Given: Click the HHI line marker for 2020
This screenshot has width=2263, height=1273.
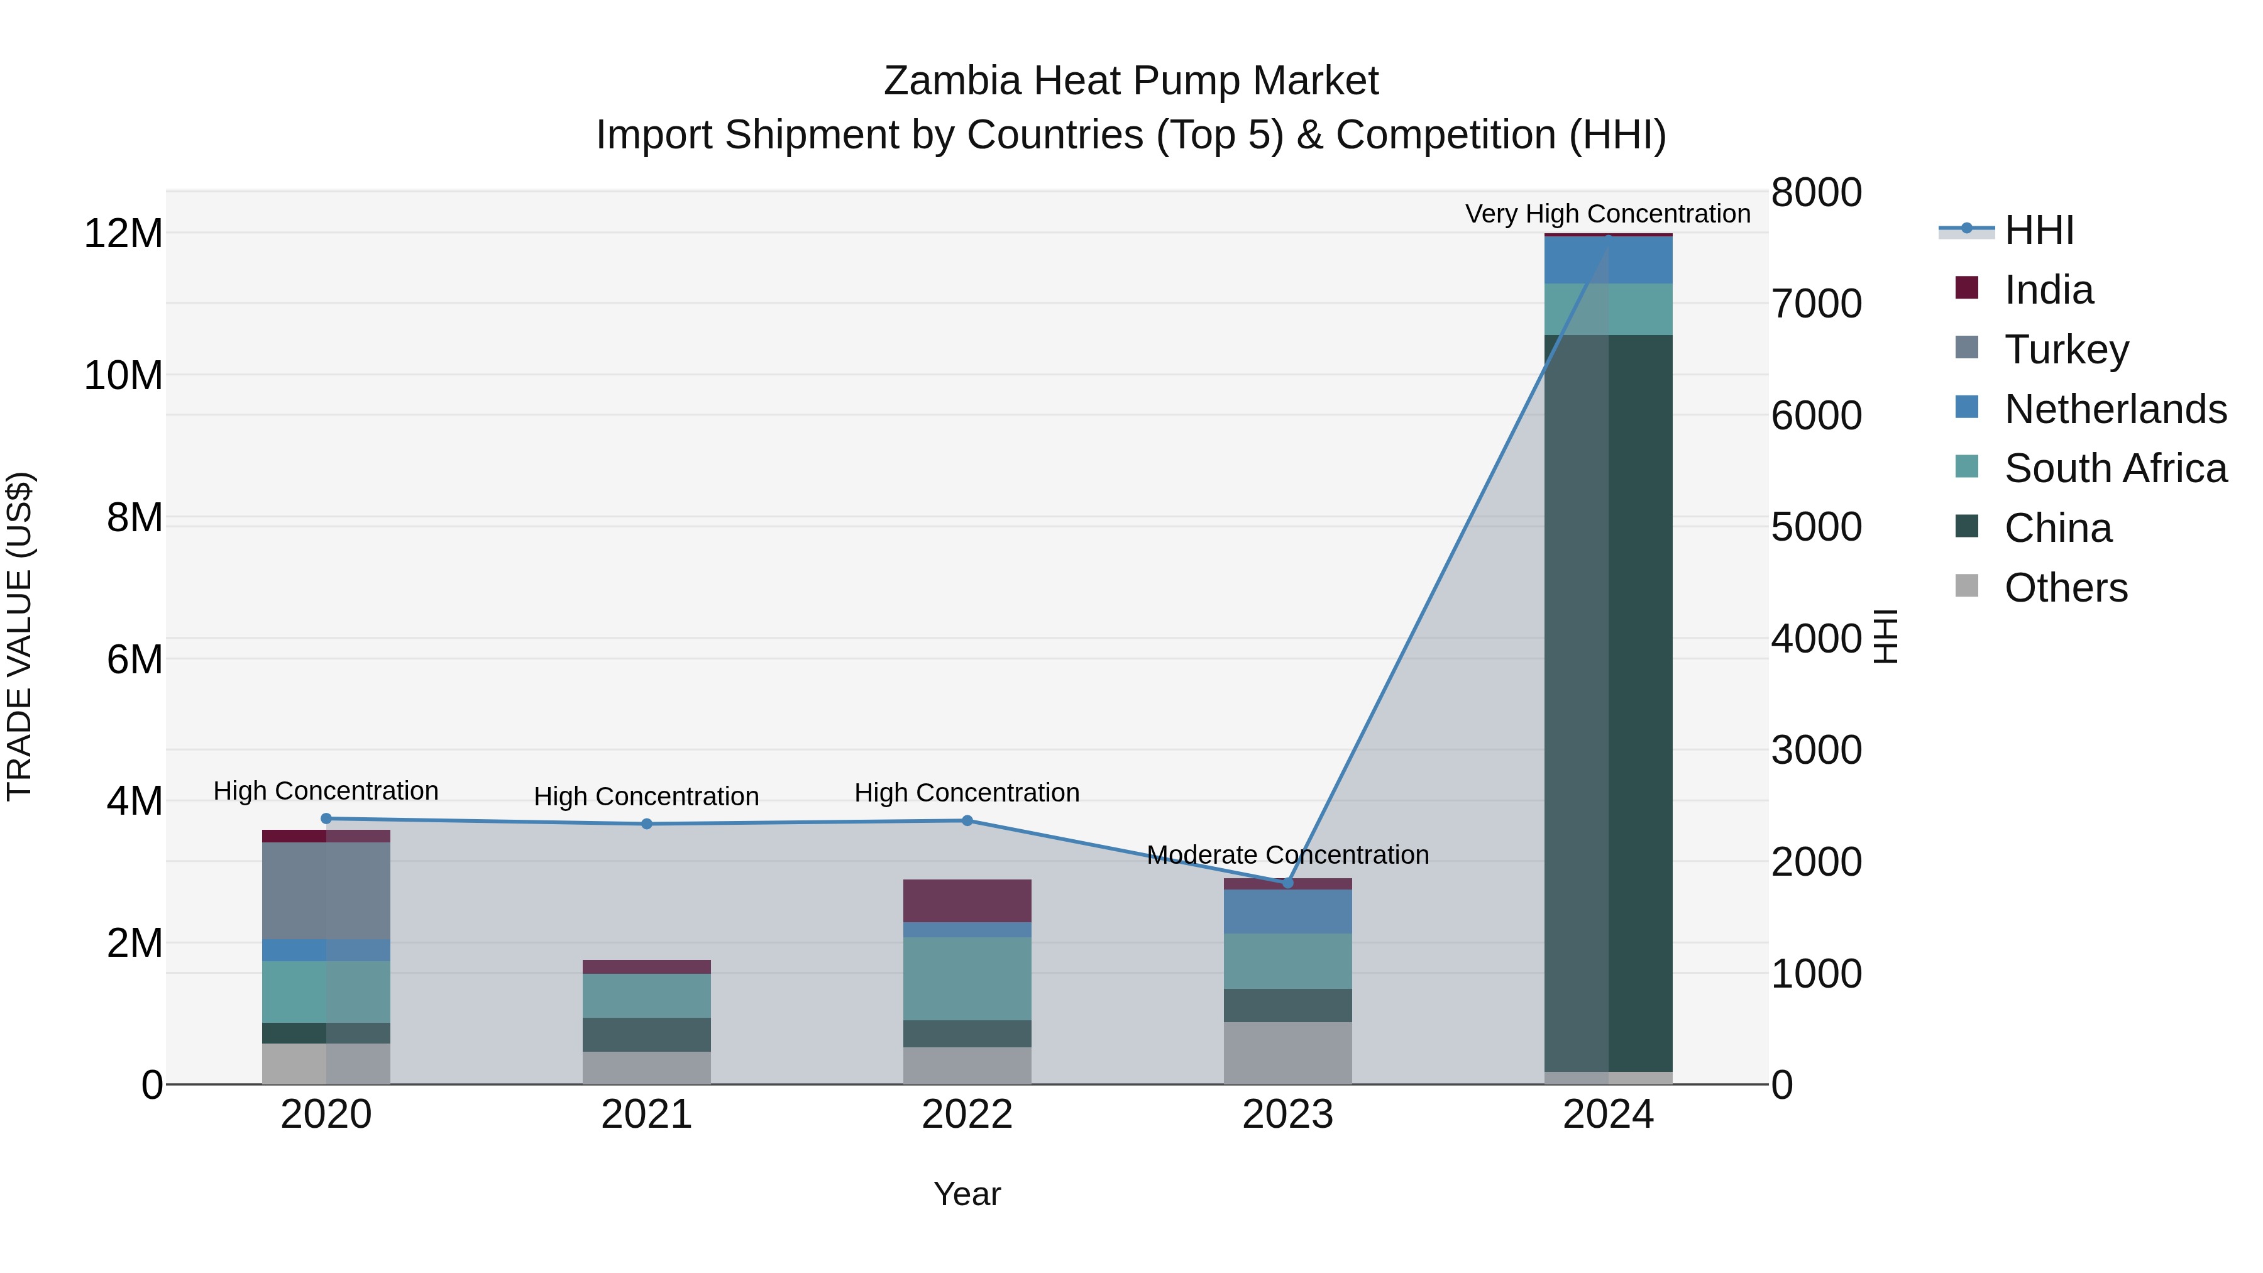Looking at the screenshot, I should [326, 818].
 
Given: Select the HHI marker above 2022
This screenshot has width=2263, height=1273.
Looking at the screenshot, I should [967, 820].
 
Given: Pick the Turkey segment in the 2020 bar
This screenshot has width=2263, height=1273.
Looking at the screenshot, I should [326, 891].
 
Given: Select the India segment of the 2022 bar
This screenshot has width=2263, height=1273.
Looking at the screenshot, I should [967, 900].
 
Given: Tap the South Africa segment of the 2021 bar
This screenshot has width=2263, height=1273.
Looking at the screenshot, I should [647, 995].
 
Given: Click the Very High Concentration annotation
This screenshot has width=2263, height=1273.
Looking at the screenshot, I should [1607, 214].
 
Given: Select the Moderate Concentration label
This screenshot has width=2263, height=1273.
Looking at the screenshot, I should [1288, 855].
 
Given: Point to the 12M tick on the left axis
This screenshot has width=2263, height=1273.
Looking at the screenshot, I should [123, 234].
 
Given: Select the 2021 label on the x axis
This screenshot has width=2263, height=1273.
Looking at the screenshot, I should [647, 1115].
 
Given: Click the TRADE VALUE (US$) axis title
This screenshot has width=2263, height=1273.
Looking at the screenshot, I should [19, 636].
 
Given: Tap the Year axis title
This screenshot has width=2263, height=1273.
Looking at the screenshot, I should [967, 1194].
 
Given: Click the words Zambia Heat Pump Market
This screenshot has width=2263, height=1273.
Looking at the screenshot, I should [1131, 81].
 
